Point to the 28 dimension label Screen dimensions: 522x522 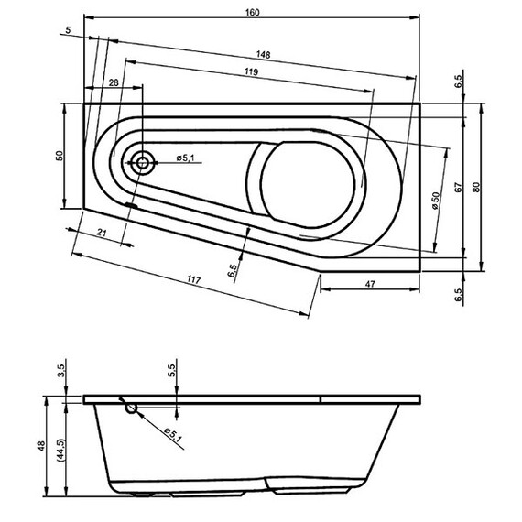113,82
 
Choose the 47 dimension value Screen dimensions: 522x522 371,285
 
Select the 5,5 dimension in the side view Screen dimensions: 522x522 170,371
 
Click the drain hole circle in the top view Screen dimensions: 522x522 143,164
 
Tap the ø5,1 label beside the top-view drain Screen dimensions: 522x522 187,158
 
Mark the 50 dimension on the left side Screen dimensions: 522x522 59,155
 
